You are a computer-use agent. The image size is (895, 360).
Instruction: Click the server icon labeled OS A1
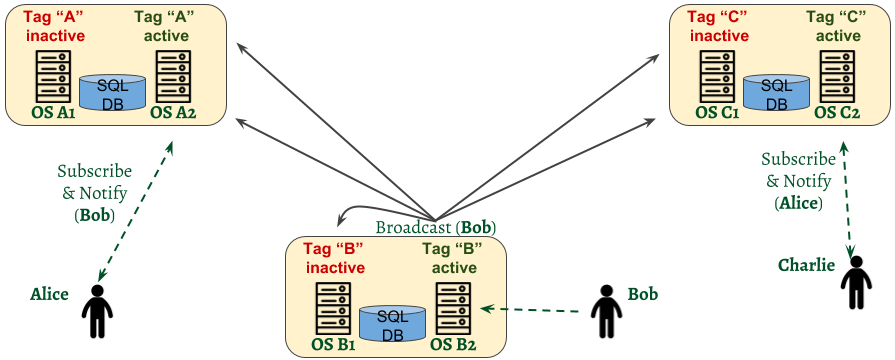(52, 74)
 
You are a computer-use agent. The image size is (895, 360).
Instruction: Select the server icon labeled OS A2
(172, 74)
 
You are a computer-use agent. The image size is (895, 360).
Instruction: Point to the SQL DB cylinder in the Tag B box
(392, 324)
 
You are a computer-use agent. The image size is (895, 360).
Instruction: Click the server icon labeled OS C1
(716, 74)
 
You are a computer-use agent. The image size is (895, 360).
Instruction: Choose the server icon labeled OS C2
(836, 74)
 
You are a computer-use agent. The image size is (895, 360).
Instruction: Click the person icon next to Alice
(97, 311)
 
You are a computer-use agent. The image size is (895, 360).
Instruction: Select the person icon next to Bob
(605, 311)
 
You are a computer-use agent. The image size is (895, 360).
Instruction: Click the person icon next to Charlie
(856, 282)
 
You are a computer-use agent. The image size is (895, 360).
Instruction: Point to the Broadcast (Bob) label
(436, 227)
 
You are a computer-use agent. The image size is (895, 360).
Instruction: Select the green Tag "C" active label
(837, 27)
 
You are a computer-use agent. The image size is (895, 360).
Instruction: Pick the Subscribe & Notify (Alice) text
(798, 181)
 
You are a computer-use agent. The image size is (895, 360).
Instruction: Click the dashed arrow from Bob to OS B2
(530, 310)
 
